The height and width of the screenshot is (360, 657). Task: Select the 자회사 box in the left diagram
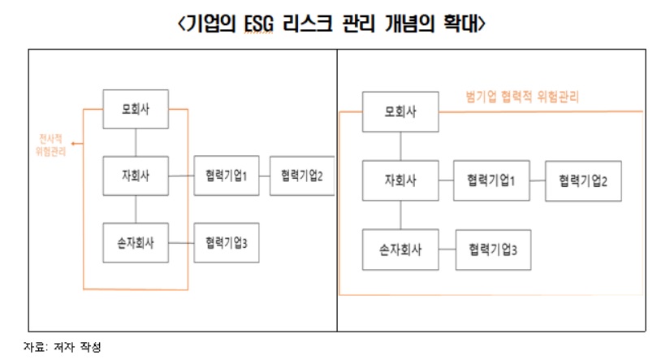(136, 176)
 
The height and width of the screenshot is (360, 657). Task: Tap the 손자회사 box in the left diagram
(136, 241)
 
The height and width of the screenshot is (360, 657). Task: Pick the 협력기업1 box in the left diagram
(226, 176)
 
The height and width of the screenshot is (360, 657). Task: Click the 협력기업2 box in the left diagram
(301, 176)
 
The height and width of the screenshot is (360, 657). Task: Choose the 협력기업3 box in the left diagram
(226, 241)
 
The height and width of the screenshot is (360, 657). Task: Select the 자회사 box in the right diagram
(400, 181)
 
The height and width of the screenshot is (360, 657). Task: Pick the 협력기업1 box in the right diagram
(492, 181)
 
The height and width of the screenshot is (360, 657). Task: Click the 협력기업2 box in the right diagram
(583, 181)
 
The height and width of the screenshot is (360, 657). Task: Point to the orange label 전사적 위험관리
(51, 143)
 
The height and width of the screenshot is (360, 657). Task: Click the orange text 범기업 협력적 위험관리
(522, 95)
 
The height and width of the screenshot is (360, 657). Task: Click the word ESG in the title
(251, 24)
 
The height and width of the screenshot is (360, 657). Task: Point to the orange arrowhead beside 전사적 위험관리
(73, 143)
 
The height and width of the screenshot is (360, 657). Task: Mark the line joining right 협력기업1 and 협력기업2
(538, 181)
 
